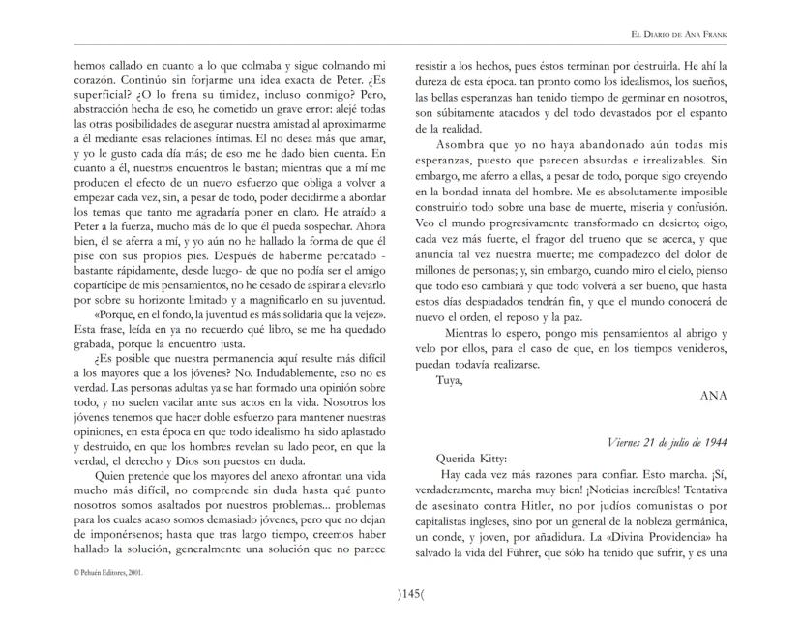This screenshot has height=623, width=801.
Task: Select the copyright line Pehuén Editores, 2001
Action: pyautogui.click(x=109, y=572)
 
